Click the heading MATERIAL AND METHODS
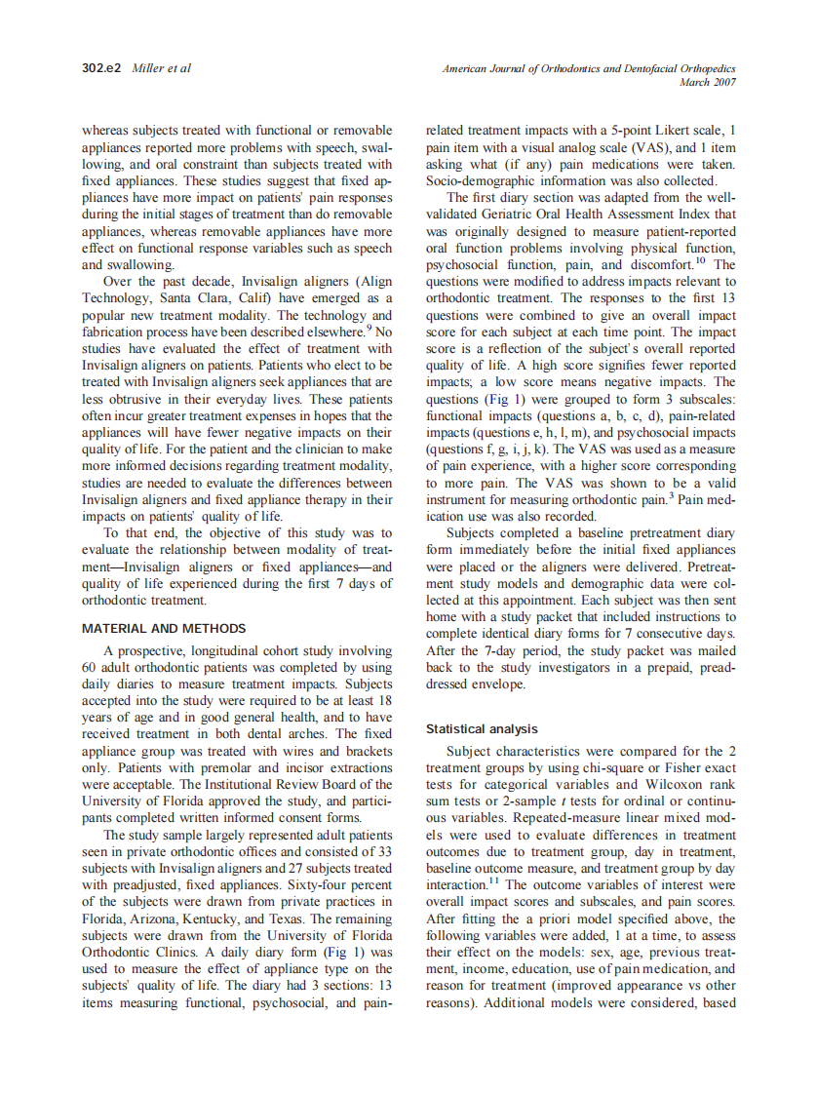point(164,629)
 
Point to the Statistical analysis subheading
point(482,728)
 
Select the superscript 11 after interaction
point(494,879)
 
